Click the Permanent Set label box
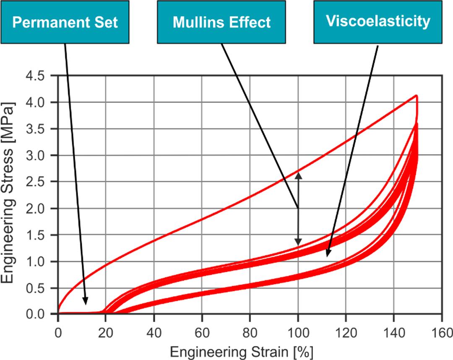click(65, 22)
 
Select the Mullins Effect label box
click(221, 22)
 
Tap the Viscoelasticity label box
click(378, 21)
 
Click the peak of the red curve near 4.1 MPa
click(416, 96)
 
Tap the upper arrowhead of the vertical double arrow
click(298, 174)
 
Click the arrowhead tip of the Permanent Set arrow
click(86, 304)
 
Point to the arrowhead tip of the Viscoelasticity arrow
click(327, 256)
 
